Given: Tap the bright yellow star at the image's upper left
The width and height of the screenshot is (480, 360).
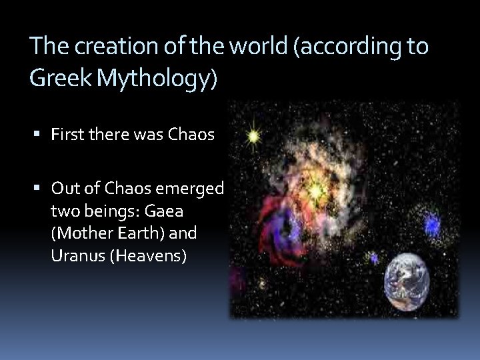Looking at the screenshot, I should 253,137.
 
